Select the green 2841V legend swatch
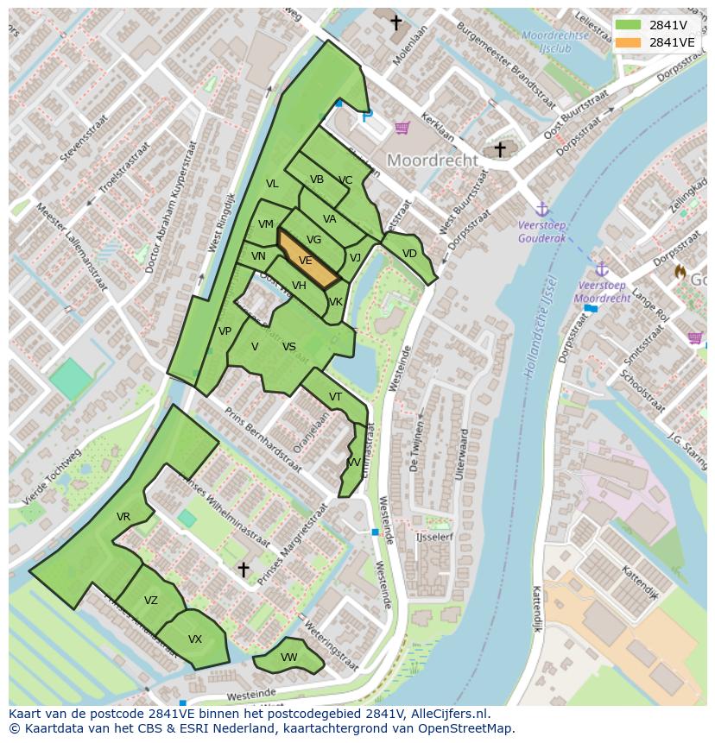628,24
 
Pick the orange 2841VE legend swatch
628,42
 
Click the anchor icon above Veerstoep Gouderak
542,209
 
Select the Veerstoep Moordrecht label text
602,291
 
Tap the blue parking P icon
368,115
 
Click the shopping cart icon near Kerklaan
402,128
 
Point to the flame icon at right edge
680,272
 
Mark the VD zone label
409,254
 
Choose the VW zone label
289,658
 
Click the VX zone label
195,639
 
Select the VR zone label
123,517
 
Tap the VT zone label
336,397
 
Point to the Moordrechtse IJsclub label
555,41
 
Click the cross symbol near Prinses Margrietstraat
244,570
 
